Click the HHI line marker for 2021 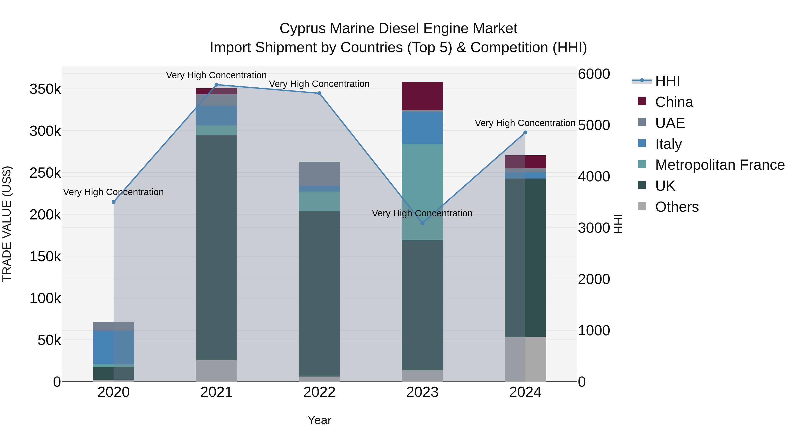click(217, 85)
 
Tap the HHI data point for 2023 click(422, 223)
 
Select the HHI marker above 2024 click(525, 133)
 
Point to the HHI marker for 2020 click(114, 202)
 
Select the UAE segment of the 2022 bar click(319, 173)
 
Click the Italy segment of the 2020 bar click(114, 348)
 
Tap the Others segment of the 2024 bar click(525, 359)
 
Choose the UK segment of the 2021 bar click(217, 247)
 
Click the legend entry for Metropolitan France click(720, 165)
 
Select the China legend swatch click(642, 101)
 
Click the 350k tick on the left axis click(45, 89)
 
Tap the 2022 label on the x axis click(319, 392)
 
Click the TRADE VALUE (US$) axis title click(7, 224)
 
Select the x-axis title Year click(319, 420)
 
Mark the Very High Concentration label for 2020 click(114, 192)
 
